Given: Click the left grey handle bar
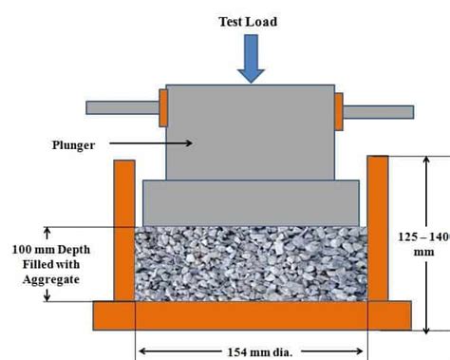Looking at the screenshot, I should coord(122,107).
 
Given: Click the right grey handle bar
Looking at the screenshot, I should coord(377,112).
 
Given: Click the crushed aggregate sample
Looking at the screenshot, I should coord(251,263).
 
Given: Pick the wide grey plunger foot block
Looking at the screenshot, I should coord(251,202).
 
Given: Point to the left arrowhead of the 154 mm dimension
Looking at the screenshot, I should coord(142,351).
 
